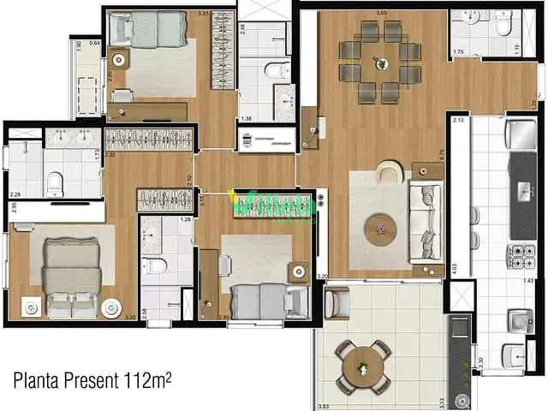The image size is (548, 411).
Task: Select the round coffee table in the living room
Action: click(379, 229)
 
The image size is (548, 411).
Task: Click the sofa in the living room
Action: click(425, 222)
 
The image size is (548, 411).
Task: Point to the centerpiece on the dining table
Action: click(380, 62)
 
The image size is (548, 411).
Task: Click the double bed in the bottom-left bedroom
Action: click(73, 278)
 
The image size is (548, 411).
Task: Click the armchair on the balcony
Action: click(337, 302)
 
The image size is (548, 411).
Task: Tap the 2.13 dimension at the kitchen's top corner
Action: click(458, 121)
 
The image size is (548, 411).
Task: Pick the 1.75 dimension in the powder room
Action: click(458, 53)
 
